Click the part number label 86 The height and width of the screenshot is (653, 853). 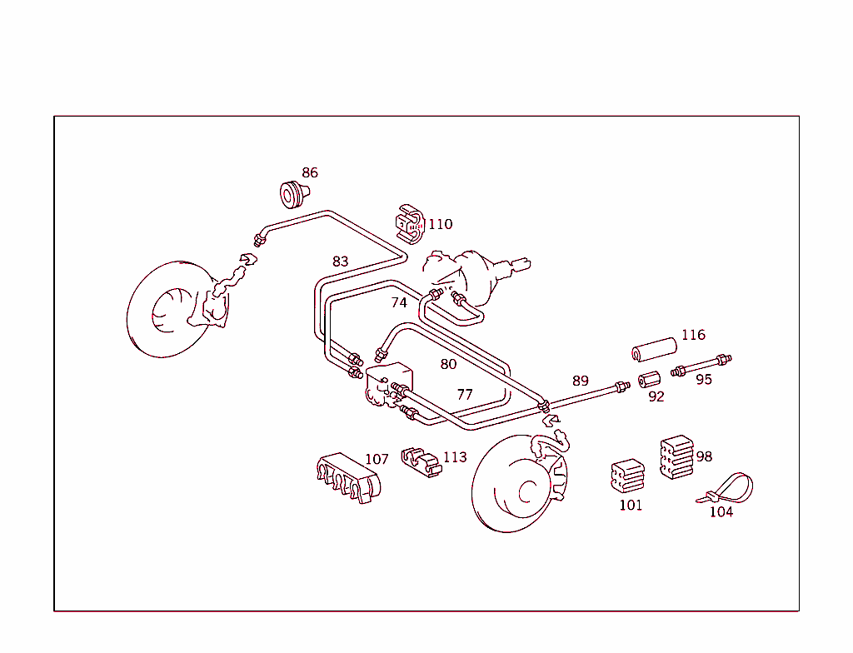point(310,173)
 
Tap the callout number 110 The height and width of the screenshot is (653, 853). point(440,224)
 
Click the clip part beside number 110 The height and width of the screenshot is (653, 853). point(409,224)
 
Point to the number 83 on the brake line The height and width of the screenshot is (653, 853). point(340,262)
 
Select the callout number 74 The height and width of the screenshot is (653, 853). point(399,303)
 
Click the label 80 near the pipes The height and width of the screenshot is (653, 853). point(448,364)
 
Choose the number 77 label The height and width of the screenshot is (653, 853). point(464,395)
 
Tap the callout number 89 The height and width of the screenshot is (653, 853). point(580,381)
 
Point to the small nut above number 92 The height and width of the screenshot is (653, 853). point(649,381)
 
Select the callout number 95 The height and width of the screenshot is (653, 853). point(704,380)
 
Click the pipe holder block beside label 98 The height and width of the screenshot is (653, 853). point(676,457)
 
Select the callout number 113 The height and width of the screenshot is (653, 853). point(455,457)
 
